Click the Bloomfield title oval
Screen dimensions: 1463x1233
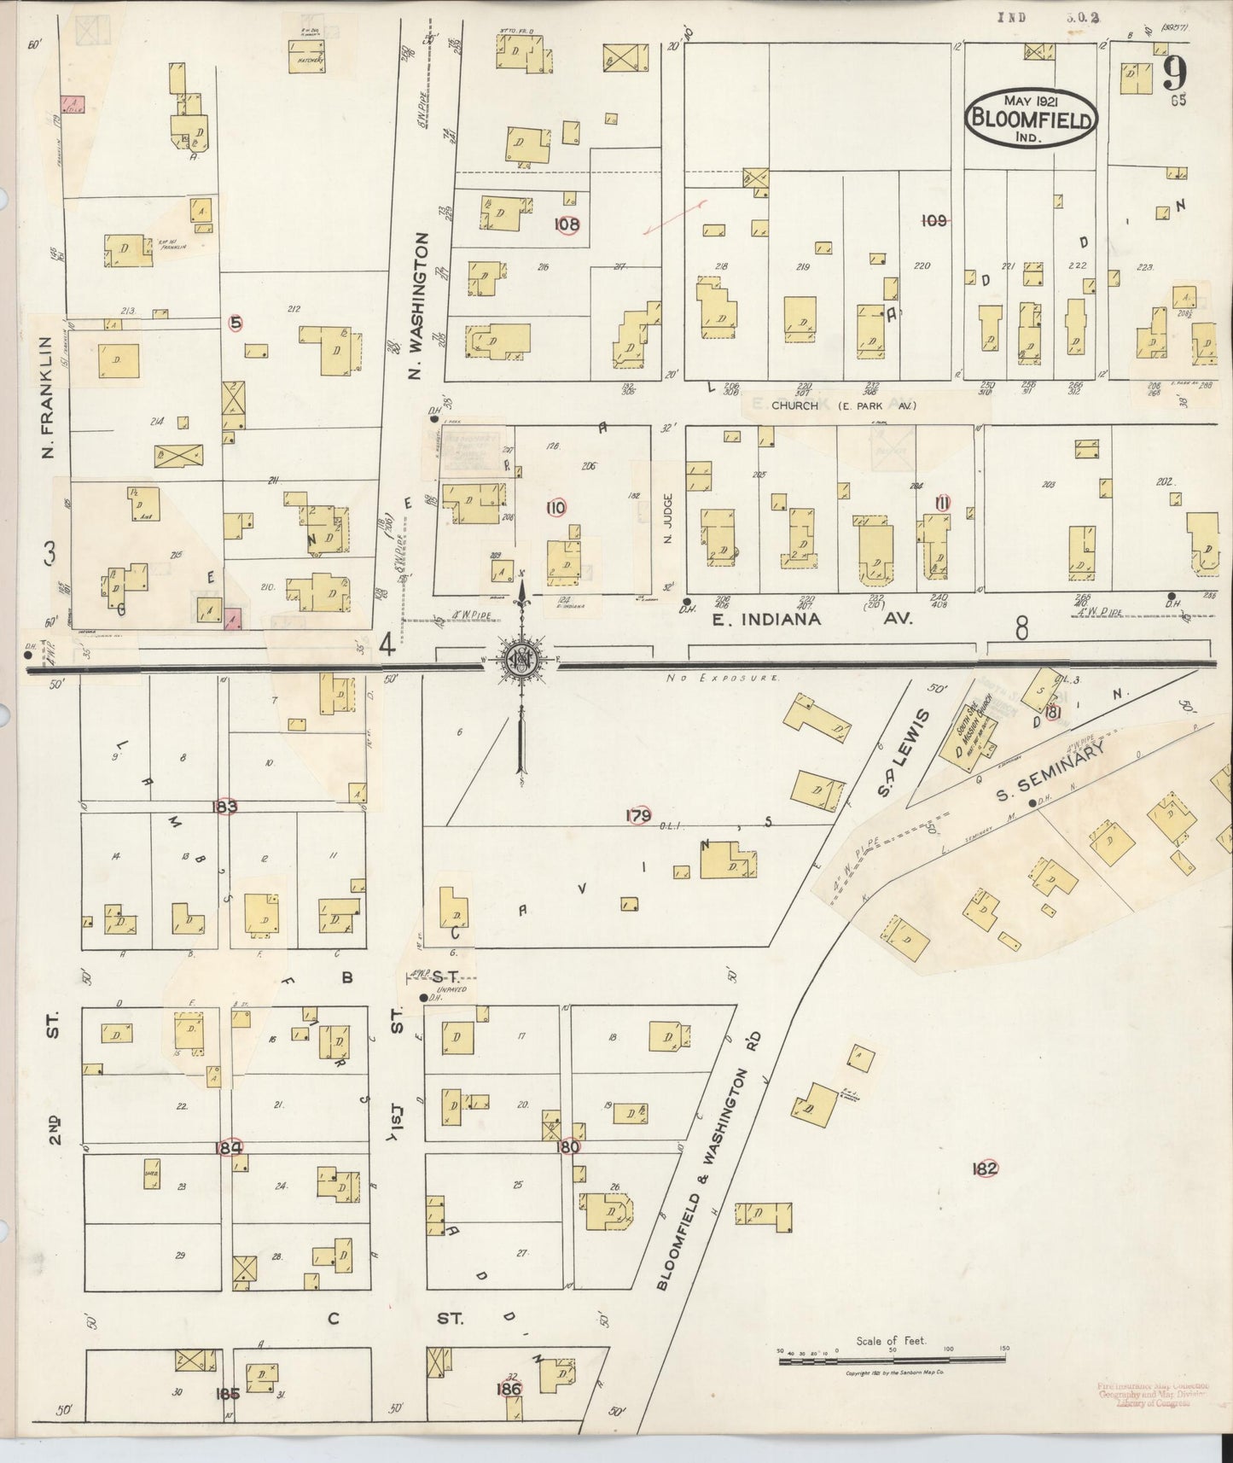pos(1031,117)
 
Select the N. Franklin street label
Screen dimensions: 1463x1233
pos(48,395)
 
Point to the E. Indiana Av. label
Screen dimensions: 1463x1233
pos(812,619)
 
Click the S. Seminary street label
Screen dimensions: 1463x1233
pos(1050,772)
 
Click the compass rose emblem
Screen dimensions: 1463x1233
pos(518,659)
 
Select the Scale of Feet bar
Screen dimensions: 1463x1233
pos(892,1356)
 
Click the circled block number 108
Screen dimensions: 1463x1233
pos(567,224)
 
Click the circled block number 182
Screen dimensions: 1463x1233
pos(985,1169)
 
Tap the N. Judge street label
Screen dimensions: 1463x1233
pos(669,519)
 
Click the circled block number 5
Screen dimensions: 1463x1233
pos(236,323)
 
